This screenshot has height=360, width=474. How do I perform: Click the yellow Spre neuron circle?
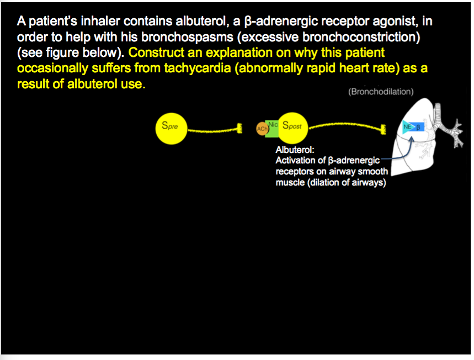click(171, 128)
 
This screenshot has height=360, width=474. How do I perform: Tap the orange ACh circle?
click(262, 129)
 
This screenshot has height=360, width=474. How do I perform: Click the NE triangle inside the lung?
click(408, 128)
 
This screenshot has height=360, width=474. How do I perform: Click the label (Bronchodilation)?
click(381, 92)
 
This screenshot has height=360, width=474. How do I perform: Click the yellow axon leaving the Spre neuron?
click(212, 131)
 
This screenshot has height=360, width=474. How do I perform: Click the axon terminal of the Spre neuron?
click(239, 129)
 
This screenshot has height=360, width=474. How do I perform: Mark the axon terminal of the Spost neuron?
click(382, 129)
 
